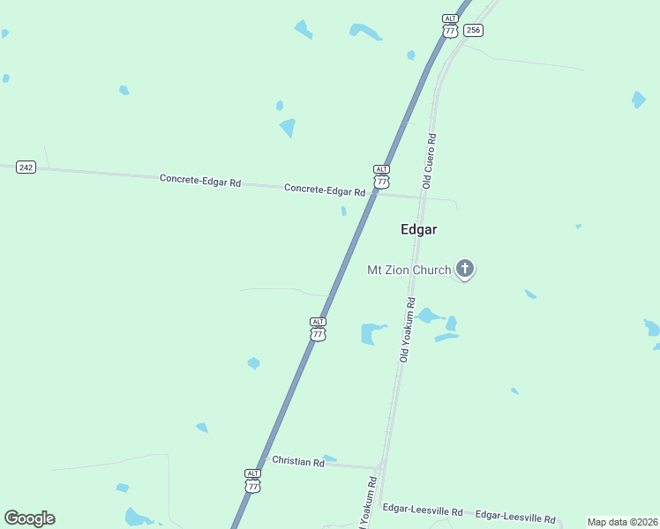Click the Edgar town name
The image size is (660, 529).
pos(419,229)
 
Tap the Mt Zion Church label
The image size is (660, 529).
pos(409,270)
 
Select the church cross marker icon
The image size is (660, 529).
pos(465,269)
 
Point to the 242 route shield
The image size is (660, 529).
pos(26,167)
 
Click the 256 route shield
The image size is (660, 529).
pos(474,30)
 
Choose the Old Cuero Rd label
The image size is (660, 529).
pos(430,161)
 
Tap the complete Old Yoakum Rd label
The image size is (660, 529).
pos(407,330)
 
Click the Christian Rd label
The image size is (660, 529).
pos(297,461)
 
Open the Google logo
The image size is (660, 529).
pos(29,518)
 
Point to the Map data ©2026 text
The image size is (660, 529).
pos(623,522)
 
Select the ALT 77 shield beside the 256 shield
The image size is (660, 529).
pos(451,26)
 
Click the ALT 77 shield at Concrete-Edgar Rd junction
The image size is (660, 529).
pos(381,176)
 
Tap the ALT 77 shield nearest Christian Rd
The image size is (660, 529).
pos(253,481)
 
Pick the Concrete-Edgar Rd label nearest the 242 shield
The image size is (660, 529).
pos(200,180)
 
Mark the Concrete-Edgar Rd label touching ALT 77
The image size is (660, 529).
pos(325,190)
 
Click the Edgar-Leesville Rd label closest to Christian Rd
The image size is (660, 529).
pos(423,510)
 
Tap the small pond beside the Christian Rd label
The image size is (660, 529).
pos(330,458)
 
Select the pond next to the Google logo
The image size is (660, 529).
pos(137,516)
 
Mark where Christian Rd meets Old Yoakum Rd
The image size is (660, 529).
pos(379,466)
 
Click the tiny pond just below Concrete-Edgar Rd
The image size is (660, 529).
pos(343,211)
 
